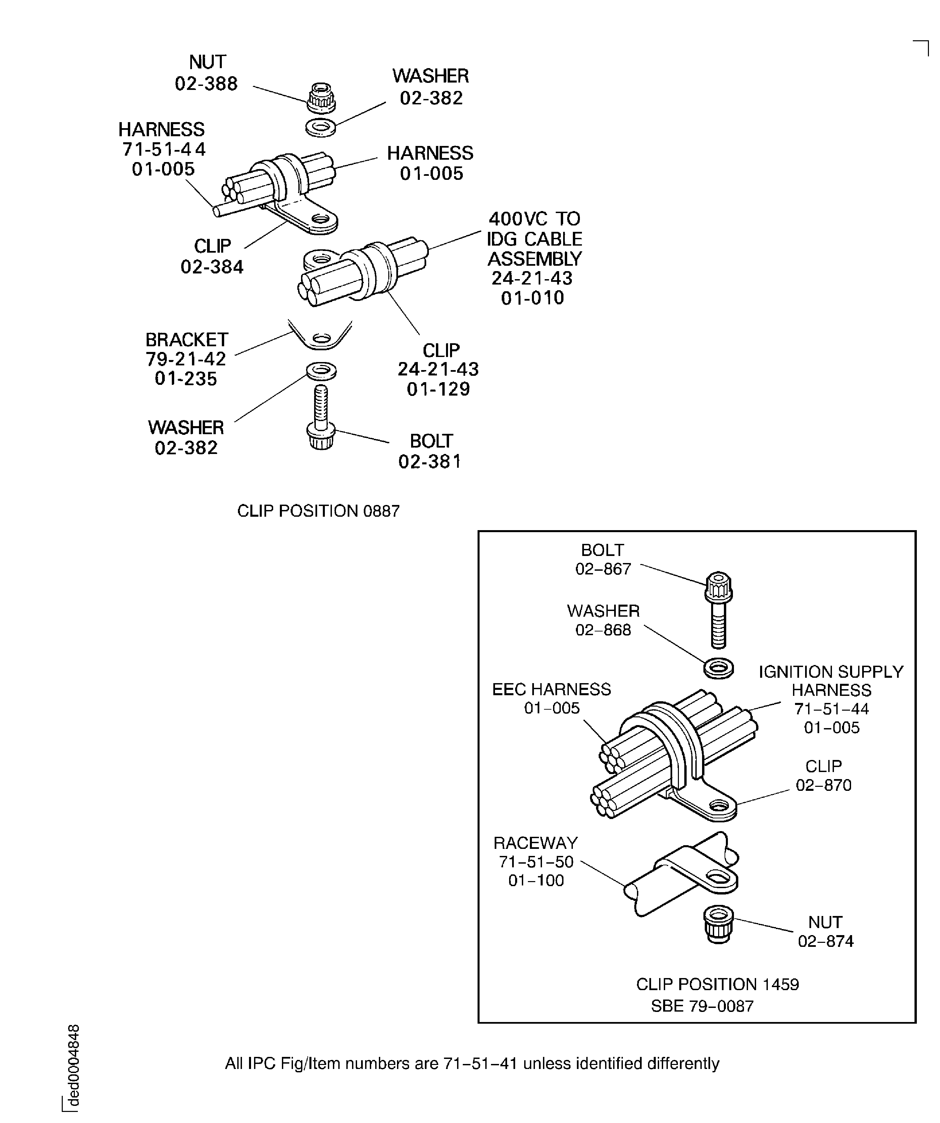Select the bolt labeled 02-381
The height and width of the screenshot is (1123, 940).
[x=321, y=418]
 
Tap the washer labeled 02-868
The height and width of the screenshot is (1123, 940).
[x=719, y=668]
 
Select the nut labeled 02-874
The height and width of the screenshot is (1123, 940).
[x=718, y=924]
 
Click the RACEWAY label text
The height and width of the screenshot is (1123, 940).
[x=536, y=843]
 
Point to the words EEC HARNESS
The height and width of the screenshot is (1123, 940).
[x=552, y=689]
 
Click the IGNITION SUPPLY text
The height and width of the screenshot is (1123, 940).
[x=831, y=672]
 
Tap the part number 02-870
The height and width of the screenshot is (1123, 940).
[x=823, y=785]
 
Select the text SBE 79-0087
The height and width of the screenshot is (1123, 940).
[x=702, y=1007]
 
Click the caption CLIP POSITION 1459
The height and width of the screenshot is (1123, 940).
[x=718, y=984]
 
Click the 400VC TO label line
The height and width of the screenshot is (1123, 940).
[x=534, y=219]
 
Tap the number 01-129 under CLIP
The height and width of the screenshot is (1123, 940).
[x=438, y=389]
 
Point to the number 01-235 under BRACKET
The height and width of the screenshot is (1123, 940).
[x=186, y=378]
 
